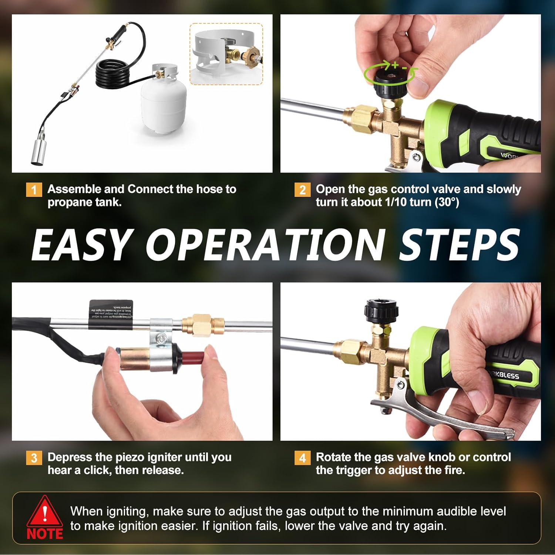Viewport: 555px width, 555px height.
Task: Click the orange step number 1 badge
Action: [34, 190]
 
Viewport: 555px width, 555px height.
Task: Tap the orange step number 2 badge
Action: [302, 190]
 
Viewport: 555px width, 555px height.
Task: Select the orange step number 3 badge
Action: [34, 458]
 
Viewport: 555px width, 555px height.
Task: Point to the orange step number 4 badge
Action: [302, 458]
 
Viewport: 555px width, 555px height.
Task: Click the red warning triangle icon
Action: [44, 512]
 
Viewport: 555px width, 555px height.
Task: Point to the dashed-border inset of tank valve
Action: [226, 54]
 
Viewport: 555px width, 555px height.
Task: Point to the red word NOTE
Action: [45, 534]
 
